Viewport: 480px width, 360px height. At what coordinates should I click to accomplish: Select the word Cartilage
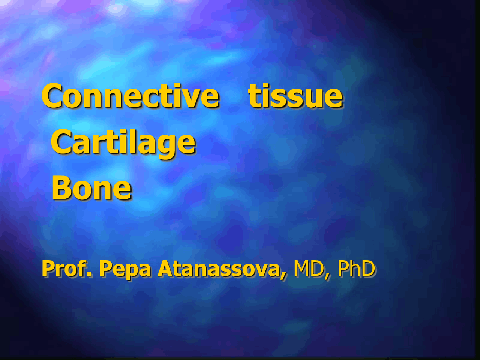[x=123, y=142]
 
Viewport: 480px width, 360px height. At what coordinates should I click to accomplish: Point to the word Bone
[x=91, y=188]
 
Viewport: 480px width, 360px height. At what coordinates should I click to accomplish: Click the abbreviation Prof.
[x=66, y=268]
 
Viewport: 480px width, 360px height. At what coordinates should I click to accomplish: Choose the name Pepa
[x=124, y=269]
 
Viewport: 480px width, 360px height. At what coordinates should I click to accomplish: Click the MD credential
[x=309, y=268]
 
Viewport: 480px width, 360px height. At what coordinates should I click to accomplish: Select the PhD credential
[x=356, y=268]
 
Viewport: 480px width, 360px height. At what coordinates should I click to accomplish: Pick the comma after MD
[x=327, y=276]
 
